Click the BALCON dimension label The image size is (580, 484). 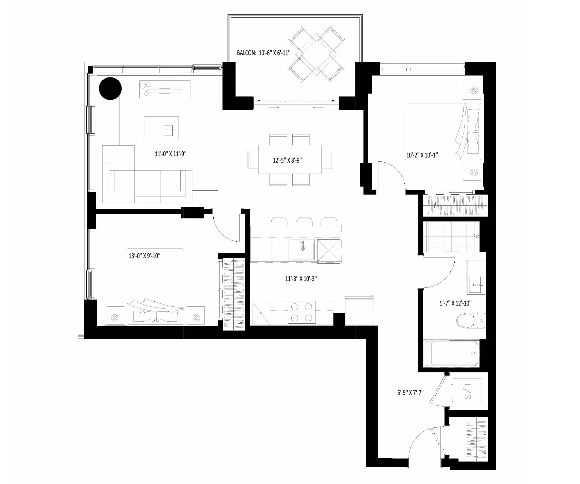coord(264,53)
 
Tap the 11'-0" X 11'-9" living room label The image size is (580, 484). coord(171,154)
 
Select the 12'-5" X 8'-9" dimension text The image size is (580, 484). coord(287,160)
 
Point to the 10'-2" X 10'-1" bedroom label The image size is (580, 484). coord(422,155)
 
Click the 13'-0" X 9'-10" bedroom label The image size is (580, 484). coord(145,256)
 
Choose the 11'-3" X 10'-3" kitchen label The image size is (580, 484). coord(301,278)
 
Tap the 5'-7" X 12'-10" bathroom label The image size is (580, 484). coord(456,303)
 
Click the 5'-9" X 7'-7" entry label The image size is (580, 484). coord(410,393)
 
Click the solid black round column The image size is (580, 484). coord(110,88)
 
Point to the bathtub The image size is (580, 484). coord(452,353)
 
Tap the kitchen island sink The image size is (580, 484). coord(303,249)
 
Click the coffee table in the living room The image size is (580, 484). coord(161,127)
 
